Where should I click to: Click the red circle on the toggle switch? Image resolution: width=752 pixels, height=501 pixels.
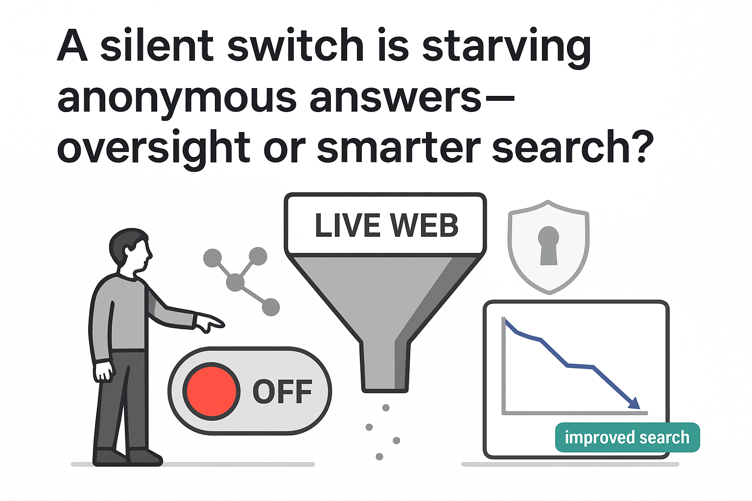click(211, 391)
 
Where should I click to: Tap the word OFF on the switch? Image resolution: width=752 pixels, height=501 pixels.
click(282, 391)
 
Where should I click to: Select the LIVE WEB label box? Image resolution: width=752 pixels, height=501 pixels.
click(386, 225)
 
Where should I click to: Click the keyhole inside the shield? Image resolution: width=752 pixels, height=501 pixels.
click(548, 245)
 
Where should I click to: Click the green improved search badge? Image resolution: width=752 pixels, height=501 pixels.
click(627, 437)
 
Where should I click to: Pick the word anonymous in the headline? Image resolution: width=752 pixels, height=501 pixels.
click(177, 98)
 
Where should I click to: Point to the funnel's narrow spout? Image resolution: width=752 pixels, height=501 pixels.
click(385, 367)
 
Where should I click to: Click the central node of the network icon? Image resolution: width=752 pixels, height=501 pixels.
click(235, 282)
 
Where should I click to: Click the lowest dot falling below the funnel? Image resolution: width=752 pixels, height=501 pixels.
click(379, 456)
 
